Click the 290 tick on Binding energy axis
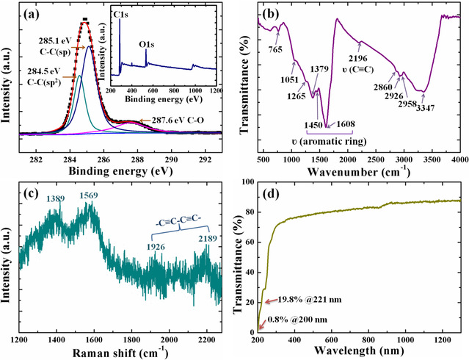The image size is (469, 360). tap(170, 145)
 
